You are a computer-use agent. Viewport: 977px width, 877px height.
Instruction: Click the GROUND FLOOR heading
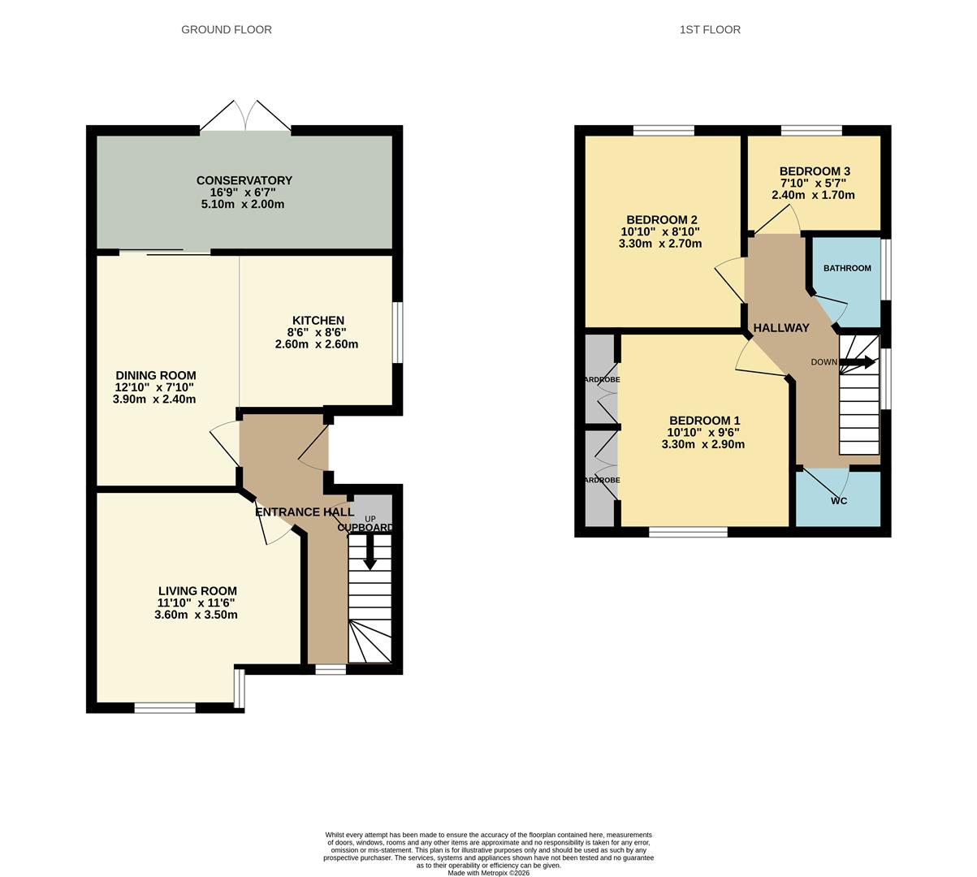click(226, 29)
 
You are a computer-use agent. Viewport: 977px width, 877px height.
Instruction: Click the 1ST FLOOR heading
click(710, 29)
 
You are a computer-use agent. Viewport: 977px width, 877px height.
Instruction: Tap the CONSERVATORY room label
click(244, 180)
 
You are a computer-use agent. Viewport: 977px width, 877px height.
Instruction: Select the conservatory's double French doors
click(244, 116)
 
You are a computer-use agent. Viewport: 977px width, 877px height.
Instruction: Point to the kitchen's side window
click(397, 333)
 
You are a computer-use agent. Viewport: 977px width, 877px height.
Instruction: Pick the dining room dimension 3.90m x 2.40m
click(154, 399)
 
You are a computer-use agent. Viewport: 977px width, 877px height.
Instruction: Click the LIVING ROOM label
click(197, 591)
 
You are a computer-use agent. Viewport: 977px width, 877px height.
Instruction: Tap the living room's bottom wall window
click(165, 708)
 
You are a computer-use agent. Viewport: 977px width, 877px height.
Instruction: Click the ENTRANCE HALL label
click(305, 512)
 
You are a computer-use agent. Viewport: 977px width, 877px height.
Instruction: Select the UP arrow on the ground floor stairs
click(370, 556)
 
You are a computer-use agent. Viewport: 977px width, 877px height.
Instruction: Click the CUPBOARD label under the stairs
click(365, 528)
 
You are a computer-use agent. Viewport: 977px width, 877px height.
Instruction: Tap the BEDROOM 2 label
click(661, 219)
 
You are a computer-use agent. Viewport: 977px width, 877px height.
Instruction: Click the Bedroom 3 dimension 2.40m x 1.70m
click(813, 195)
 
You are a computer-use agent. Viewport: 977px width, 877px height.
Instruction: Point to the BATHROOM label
click(847, 268)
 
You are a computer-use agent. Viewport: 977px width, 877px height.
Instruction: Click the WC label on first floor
click(839, 501)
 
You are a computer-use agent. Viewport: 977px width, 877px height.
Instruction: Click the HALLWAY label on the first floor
click(781, 328)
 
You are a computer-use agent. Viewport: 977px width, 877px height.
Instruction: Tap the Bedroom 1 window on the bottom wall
click(688, 532)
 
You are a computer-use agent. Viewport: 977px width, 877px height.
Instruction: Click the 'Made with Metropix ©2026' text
click(488, 873)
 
